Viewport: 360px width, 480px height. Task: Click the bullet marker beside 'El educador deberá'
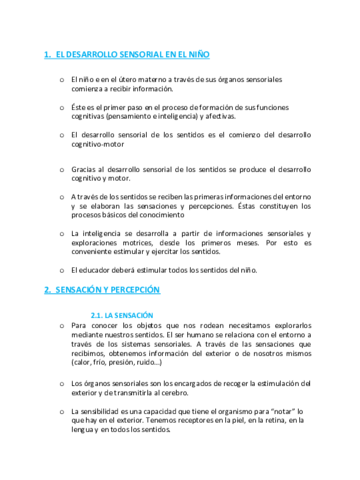coord(61,269)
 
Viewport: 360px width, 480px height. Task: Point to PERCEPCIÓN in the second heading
coord(138,289)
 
